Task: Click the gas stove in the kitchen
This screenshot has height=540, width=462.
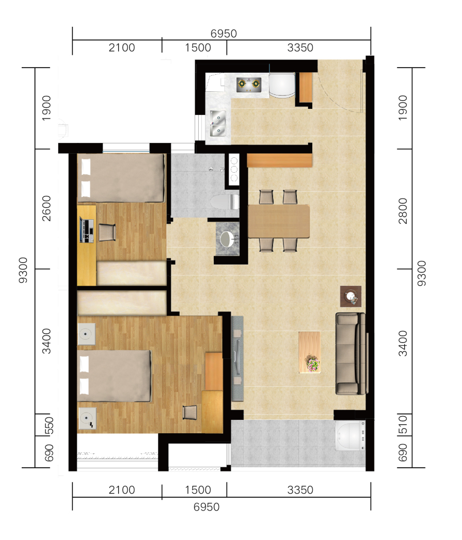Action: (249, 85)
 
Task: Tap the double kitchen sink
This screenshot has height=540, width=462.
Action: (218, 123)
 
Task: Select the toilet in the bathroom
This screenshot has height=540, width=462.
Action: (225, 202)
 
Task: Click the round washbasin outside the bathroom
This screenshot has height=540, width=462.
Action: (228, 239)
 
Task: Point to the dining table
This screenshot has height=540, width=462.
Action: (279, 221)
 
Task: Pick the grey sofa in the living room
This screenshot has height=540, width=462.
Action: (351, 353)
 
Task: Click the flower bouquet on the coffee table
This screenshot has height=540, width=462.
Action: (312, 364)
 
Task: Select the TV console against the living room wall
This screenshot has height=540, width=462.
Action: (237, 358)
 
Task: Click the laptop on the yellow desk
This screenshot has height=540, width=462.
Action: (87, 230)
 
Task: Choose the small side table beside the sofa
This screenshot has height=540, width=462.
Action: (351, 296)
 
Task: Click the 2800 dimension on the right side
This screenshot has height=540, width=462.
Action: (403, 211)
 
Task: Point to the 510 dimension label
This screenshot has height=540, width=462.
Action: (403, 424)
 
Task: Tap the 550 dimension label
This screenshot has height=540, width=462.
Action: (49, 426)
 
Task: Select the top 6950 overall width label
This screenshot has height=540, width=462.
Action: (224, 34)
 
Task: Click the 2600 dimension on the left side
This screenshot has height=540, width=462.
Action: (46, 208)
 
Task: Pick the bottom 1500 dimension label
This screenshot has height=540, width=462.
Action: (198, 490)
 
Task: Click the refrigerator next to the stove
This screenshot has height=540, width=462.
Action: (282, 85)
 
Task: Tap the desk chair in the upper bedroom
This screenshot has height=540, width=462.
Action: (107, 233)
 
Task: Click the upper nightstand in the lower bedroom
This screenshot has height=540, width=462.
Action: (86, 334)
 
